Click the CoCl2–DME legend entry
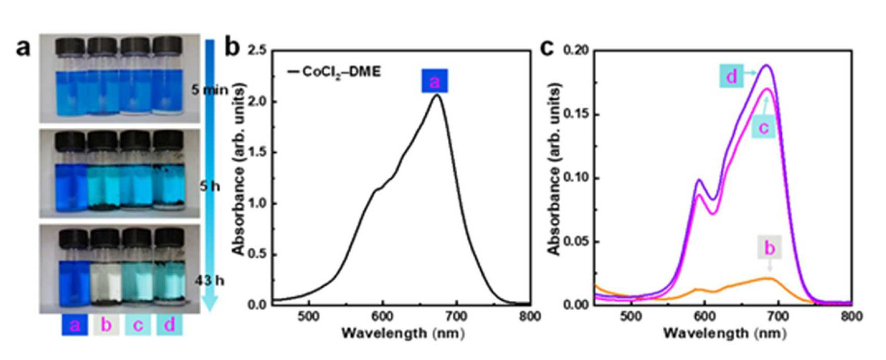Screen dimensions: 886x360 click(x=334, y=72)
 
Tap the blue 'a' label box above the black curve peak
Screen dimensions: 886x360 click(x=434, y=81)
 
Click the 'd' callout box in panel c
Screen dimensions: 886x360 click(x=731, y=76)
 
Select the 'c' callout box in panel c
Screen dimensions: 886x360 click(x=763, y=127)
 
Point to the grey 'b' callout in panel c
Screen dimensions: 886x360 click(x=769, y=248)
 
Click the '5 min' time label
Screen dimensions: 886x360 click(x=210, y=90)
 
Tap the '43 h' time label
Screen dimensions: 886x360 click(x=209, y=281)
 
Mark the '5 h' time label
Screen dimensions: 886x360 click(x=209, y=185)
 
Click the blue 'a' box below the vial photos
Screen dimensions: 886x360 click(x=75, y=325)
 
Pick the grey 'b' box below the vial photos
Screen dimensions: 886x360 click(x=106, y=325)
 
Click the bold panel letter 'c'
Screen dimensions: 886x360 click(x=548, y=48)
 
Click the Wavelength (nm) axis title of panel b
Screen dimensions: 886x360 click(x=403, y=333)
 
